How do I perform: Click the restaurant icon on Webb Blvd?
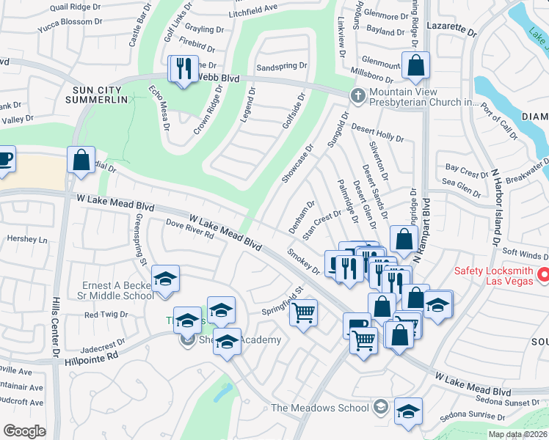coord(181,70)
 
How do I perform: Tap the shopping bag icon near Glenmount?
coord(415,65)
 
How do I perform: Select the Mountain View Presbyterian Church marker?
coord(357,95)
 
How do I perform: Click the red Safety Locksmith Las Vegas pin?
coord(543,275)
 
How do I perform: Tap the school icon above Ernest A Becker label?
coord(166,279)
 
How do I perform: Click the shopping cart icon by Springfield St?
coord(302,313)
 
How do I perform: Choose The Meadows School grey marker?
coord(380,406)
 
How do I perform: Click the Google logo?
coord(24,430)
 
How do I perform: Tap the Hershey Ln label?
coord(26,239)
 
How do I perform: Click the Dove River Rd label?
coord(189,229)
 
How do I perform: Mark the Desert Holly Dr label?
coord(377,133)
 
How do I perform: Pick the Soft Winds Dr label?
coord(525,255)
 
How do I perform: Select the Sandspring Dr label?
coord(281,66)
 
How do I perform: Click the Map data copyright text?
coord(517,434)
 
